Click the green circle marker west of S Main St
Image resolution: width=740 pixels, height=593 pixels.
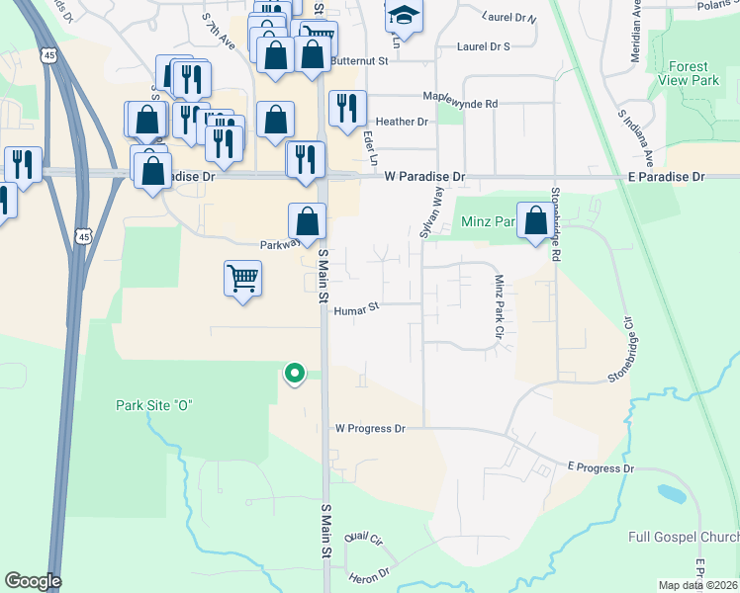[x=294, y=374]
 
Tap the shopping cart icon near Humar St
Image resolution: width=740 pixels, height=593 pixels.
[x=242, y=278]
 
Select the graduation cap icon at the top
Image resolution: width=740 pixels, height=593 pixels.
[x=403, y=16]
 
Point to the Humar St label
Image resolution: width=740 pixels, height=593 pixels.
[x=356, y=309]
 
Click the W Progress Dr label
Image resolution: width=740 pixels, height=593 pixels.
[x=371, y=429]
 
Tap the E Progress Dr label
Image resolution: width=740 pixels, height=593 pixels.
[x=600, y=468]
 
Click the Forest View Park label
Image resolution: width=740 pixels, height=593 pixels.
[x=694, y=73]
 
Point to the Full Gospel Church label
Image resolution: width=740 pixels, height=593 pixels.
[x=684, y=538]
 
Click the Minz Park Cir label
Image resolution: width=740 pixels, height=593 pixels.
[x=500, y=307]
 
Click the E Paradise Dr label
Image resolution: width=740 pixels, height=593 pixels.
[x=666, y=176]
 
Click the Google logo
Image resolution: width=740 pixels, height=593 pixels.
[x=33, y=581]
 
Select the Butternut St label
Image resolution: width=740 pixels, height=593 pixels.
[x=359, y=60]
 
